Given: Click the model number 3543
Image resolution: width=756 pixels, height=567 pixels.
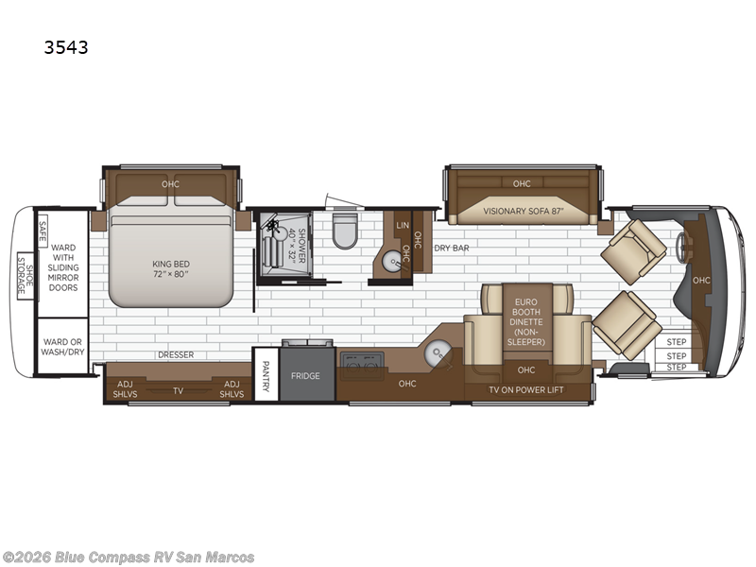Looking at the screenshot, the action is coord(66,47).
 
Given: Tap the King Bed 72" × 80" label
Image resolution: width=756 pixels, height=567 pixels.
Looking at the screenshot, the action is coord(171,268).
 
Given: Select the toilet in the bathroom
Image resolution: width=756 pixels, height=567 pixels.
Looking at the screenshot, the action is coord(345,230).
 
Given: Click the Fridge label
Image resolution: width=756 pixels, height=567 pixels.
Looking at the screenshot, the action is coord(305,375).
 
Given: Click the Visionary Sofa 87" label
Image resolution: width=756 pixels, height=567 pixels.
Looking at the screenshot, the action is coord(524,211).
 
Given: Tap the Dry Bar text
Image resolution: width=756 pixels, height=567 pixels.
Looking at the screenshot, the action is coord(452,248).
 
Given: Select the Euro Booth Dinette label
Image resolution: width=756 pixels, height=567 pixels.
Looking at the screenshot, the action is coord(526,321).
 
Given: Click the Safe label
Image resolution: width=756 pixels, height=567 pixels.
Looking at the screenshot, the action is coord(43,231).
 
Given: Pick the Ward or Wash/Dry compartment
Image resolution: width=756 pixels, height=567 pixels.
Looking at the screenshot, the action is coord(62,346).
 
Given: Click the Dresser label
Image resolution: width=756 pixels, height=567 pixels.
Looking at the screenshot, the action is coord(176,355).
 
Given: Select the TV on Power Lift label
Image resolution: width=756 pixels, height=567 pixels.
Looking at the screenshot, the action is coord(526,389).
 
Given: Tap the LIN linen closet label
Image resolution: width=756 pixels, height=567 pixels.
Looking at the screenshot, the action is coord(403,225).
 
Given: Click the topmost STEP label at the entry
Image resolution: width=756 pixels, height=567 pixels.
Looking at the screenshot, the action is coord(677,342).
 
